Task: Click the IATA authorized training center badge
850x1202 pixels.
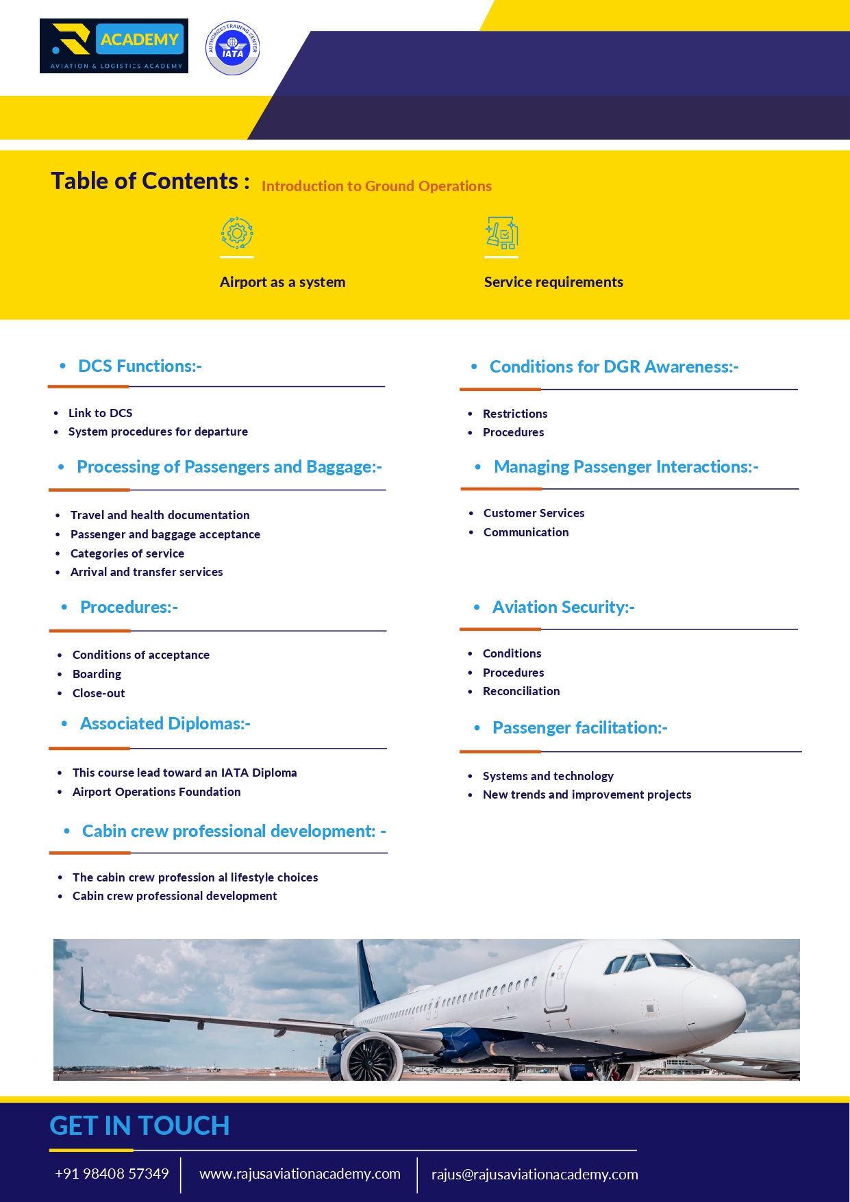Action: point(233,48)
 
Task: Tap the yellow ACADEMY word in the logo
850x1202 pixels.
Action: point(140,40)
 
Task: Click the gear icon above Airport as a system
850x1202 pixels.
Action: point(237,234)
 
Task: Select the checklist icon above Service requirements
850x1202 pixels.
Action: point(501,234)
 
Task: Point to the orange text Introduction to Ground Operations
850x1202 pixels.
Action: point(376,186)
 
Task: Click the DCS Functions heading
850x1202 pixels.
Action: point(140,366)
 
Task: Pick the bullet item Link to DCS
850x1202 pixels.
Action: point(100,413)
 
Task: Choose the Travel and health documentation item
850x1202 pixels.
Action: point(160,515)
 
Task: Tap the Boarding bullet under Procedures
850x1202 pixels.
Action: point(97,674)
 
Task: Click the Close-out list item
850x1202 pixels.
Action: point(99,693)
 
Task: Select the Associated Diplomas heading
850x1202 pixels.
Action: point(165,724)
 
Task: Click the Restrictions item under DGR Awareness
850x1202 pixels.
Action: point(514,414)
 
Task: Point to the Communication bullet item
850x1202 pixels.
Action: point(525,532)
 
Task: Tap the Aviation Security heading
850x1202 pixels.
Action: point(563,608)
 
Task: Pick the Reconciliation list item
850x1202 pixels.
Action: point(521,691)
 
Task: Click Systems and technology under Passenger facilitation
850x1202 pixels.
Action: point(547,776)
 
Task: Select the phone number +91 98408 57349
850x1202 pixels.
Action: point(112,1174)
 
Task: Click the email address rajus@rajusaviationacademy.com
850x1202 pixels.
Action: point(534,1175)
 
